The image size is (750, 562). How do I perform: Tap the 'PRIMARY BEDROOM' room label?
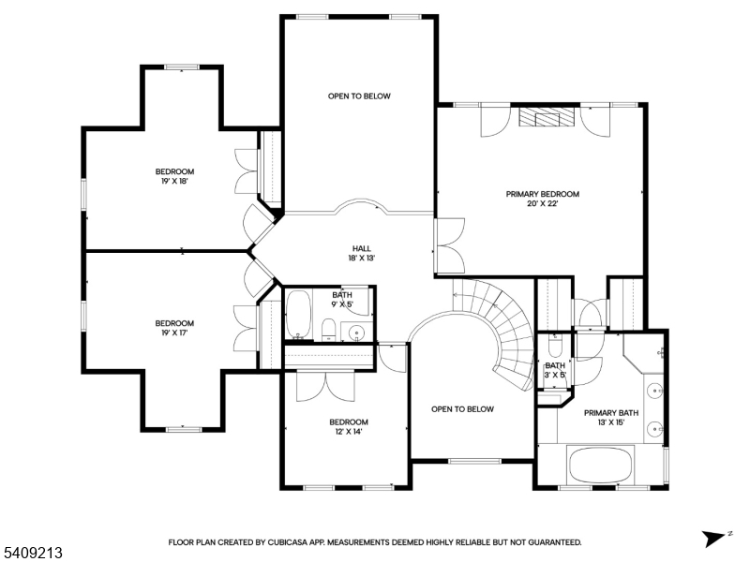point(543,194)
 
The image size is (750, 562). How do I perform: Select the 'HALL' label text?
point(362,248)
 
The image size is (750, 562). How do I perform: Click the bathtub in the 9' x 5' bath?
point(298,317)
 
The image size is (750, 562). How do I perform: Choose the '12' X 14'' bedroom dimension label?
point(348,432)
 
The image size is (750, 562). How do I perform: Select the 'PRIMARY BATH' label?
point(610,412)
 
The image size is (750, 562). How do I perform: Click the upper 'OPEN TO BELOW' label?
point(359,96)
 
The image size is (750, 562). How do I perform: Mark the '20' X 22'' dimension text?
point(543,204)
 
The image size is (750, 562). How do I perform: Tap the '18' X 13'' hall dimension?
point(362,258)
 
